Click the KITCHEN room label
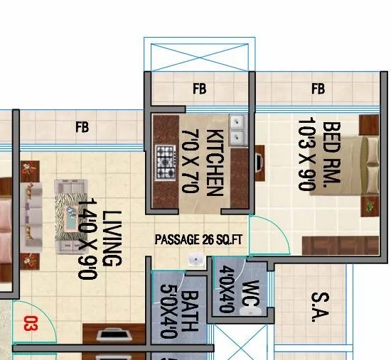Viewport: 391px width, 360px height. click(x=215, y=162)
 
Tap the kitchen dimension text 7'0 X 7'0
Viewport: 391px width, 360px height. click(x=190, y=161)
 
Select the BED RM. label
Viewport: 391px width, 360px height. click(x=332, y=155)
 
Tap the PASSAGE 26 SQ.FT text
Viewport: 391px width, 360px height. click(x=199, y=239)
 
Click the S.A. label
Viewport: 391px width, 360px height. click(x=314, y=305)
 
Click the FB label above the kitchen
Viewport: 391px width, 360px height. click(x=199, y=89)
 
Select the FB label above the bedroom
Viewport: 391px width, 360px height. click(x=318, y=89)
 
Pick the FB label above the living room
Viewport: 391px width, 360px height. click(x=82, y=128)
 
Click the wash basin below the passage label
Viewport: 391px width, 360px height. click(x=192, y=261)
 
